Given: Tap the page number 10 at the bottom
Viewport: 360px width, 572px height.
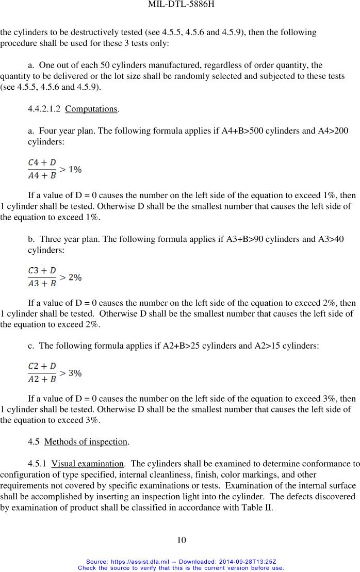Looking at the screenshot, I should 181,540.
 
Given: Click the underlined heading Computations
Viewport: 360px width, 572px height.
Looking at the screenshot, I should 91,109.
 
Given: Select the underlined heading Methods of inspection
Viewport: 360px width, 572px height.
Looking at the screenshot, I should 86,442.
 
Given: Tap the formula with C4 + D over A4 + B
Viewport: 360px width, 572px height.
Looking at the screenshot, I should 54,169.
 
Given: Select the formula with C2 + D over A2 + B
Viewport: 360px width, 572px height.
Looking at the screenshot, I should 54,372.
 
